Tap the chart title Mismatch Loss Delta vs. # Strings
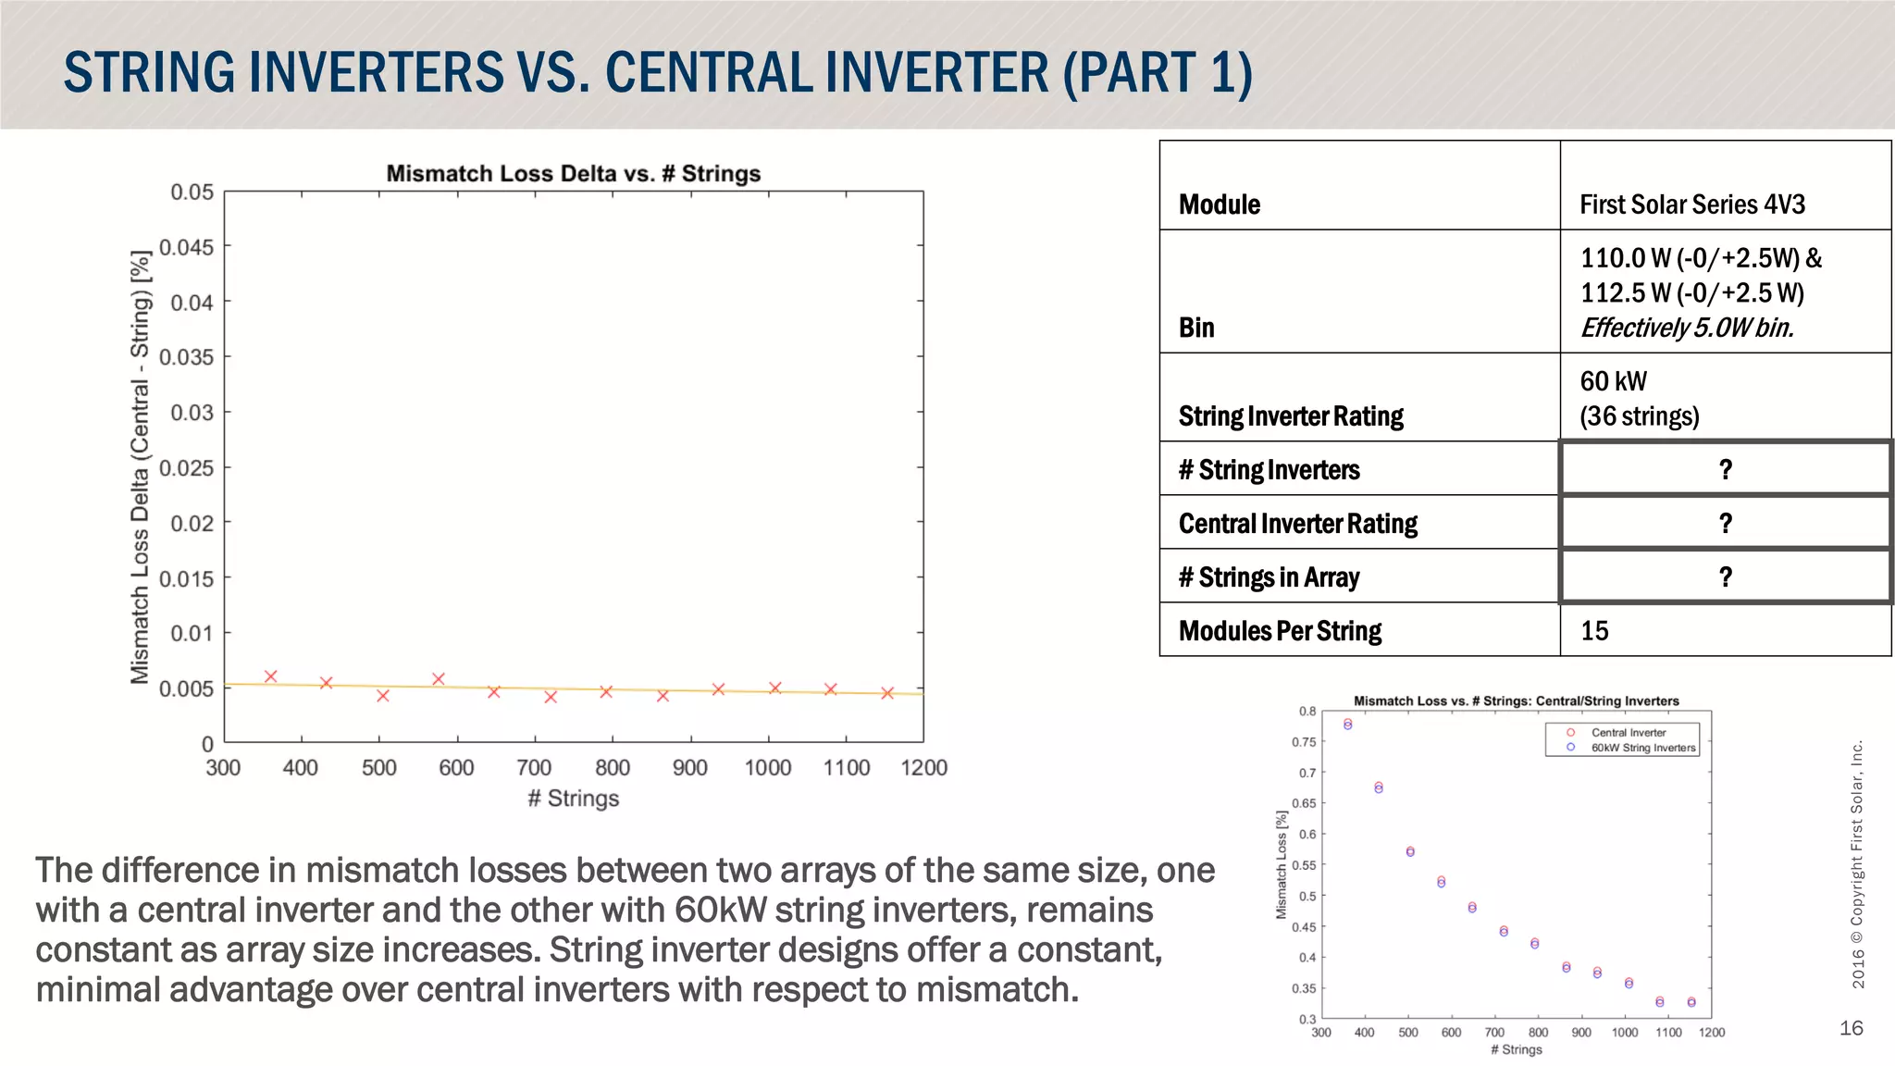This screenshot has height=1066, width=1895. pyautogui.click(x=573, y=173)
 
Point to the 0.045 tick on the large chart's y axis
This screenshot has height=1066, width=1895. pyautogui.click(x=186, y=247)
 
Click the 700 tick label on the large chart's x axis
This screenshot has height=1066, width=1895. pyautogui.click(x=534, y=767)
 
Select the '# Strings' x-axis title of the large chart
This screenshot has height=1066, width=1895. pyautogui.click(x=573, y=798)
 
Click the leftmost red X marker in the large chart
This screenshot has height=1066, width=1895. pyautogui.click(x=270, y=676)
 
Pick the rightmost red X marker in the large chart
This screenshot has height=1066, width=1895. pyautogui.click(x=887, y=693)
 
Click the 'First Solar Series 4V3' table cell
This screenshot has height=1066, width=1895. pyautogui.click(x=1691, y=205)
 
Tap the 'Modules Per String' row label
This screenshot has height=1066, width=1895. pyautogui.click(x=1280, y=631)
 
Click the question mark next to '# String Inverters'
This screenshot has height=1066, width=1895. pyautogui.click(x=1725, y=470)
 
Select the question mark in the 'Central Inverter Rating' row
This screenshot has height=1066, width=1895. pyautogui.click(x=1725, y=524)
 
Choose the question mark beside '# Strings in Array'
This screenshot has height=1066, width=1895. pyautogui.click(x=1725, y=577)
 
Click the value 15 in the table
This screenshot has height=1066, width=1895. pyautogui.click(x=1594, y=631)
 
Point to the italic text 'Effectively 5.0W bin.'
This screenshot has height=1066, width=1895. pyautogui.click(x=1686, y=328)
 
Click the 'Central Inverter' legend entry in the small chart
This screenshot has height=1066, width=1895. pyautogui.click(x=1628, y=732)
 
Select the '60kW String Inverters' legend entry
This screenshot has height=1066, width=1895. pyautogui.click(x=1642, y=748)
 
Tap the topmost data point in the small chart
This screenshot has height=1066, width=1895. pyautogui.click(x=1347, y=724)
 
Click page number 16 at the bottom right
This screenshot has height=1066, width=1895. pyautogui.click(x=1851, y=1028)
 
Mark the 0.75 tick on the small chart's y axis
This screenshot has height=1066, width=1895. pyautogui.click(x=1303, y=742)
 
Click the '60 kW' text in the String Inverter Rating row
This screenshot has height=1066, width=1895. pyautogui.click(x=1613, y=381)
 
